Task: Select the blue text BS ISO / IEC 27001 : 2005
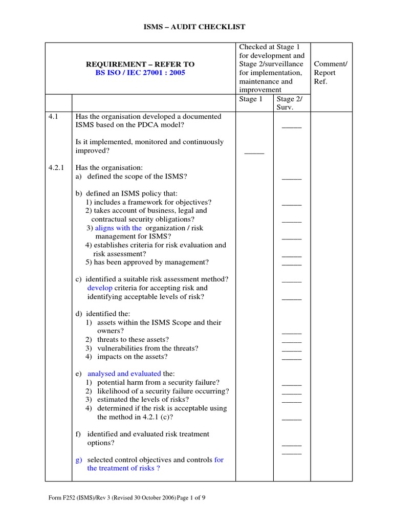[140, 73]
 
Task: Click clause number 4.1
[54, 117]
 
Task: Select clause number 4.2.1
[56, 168]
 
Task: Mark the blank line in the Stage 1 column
[254, 152]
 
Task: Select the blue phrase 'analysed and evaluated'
[124, 374]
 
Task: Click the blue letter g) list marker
[79, 460]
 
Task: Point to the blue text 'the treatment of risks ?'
[123, 468]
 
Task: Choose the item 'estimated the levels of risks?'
[143, 400]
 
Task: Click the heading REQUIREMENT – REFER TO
[140, 64]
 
